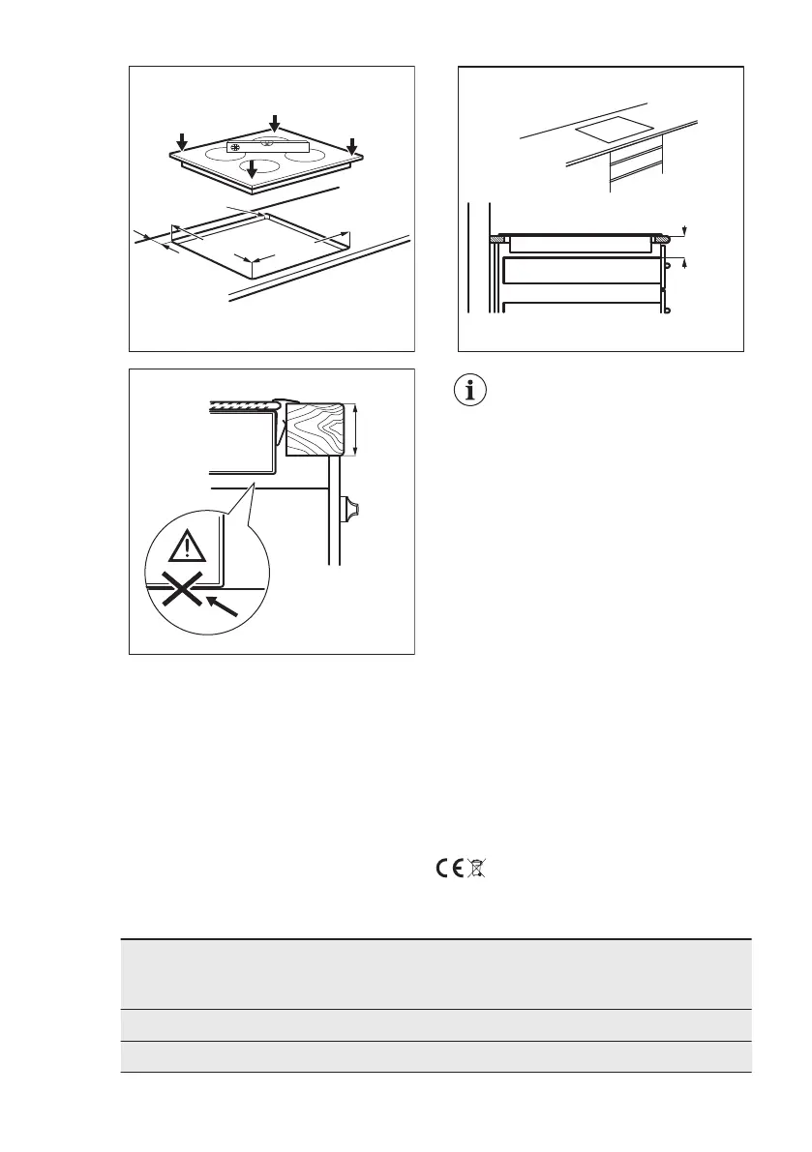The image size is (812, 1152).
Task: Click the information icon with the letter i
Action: [x=474, y=392]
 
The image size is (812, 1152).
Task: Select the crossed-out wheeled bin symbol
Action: [x=475, y=869]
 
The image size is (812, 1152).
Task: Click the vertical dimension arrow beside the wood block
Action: [x=357, y=429]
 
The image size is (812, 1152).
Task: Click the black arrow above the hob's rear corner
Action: [x=274, y=123]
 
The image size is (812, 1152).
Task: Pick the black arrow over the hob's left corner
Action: [x=182, y=141]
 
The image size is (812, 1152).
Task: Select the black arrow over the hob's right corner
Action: [x=351, y=142]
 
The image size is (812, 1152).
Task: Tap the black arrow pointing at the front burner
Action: [x=252, y=169]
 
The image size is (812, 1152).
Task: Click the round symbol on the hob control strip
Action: [x=235, y=148]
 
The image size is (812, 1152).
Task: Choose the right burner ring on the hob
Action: [x=302, y=155]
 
